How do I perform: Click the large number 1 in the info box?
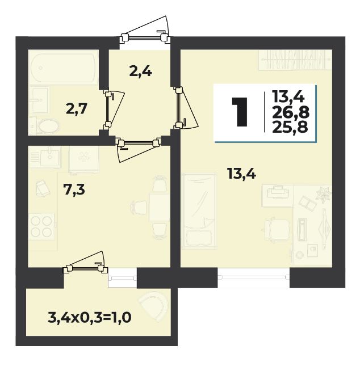240,112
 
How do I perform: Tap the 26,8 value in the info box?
291,112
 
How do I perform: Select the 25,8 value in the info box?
290,127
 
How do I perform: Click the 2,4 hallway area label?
141,71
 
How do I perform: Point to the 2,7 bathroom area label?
77,109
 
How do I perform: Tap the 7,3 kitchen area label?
74,189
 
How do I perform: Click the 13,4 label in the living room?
241,174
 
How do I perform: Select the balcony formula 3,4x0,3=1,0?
90,318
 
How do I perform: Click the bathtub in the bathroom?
64,68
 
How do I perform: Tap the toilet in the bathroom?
47,127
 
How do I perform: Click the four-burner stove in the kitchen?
41,226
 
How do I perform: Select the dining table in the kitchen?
160,207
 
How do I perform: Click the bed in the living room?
199,210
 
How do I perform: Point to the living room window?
254,277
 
